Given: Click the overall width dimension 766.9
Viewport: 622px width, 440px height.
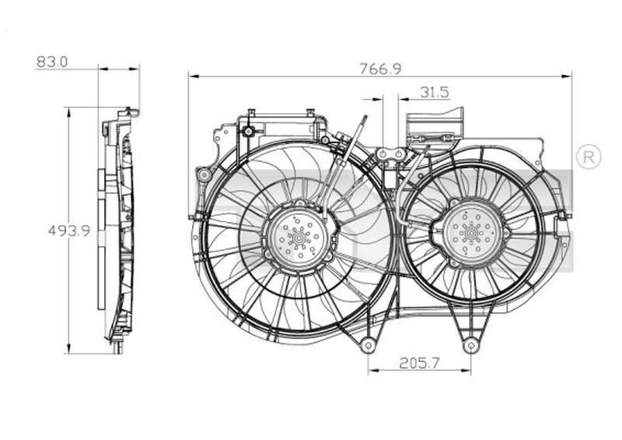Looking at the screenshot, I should point(379,69).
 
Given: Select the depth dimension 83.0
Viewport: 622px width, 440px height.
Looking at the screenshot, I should point(52,61).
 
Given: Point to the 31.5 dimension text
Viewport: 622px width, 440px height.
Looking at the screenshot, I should point(434,92).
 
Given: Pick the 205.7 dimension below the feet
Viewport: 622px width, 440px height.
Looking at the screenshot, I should point(419,362).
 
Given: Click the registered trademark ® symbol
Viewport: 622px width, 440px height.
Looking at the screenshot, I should point(588,157).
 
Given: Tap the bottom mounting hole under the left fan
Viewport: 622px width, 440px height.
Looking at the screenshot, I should point(368,344).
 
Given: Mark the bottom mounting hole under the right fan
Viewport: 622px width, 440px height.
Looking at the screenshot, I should point(470,344).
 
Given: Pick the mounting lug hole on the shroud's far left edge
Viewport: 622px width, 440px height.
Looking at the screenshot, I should point(204,175).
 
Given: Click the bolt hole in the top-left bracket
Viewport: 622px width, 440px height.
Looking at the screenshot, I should point(248,131).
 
